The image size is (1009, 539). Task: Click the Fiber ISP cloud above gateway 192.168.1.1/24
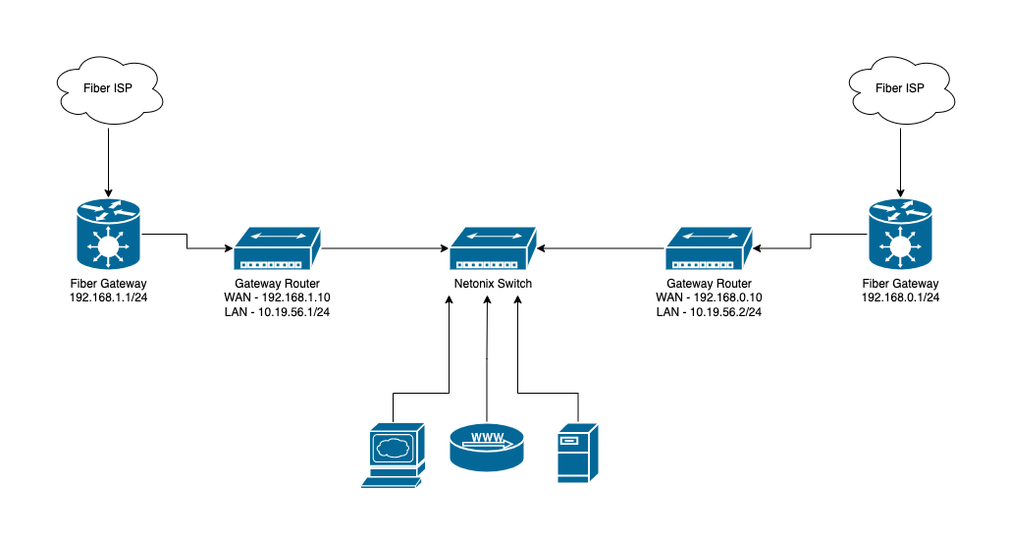pos(108,88)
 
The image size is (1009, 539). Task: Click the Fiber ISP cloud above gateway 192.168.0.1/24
pos(900,88)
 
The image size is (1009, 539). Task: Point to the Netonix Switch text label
pos(493,284)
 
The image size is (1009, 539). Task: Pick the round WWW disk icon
pos(487,447)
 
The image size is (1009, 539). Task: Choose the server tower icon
pos(578,453)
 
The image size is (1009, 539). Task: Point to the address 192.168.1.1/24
pos(108,297)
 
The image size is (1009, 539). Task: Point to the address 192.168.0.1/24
pos(900,297)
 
